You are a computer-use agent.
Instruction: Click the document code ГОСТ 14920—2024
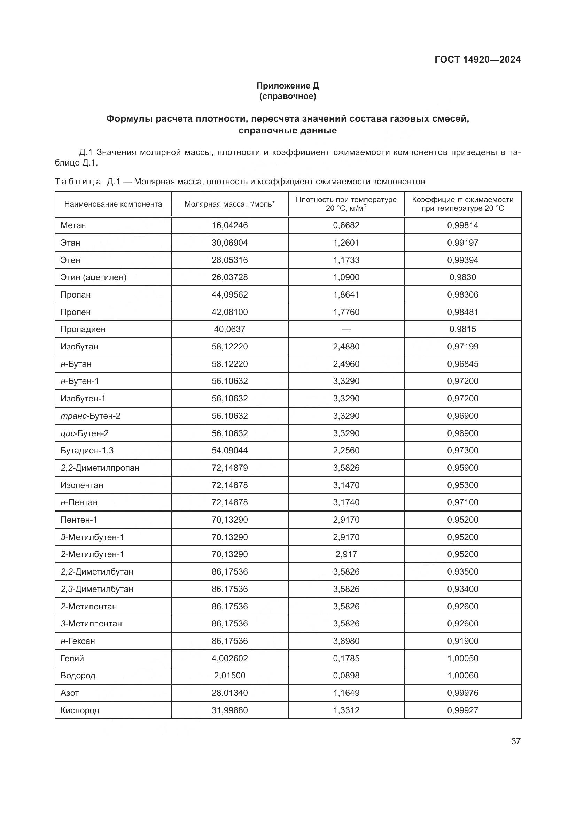pyautogui.click(x=477, y=60)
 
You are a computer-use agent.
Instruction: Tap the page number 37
pyautogui.click(x=516, y=741)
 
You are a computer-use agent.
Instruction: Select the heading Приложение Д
pyautogui.click(x=288, y=86)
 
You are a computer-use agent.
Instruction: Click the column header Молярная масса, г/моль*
pyautogui.click(x=229, y=204)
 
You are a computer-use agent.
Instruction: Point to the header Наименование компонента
pyautogui.click(x=113, y=204)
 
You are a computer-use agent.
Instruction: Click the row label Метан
pyautogui.click(x=73, y=225)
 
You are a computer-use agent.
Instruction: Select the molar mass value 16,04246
pyautogui.click(x=229, y=225)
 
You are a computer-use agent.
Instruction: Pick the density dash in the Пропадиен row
pyautogui.click(x=346, y=329)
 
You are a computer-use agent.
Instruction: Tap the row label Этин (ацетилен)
pyautogui.click(x=93, y=277)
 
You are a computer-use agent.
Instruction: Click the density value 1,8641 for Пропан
pyautogui.click(x=346, y=295)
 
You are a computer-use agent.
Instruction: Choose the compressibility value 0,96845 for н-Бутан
pyautogui.click(x=462, y=364)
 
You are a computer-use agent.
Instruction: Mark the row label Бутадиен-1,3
pyautogui.click(x=87, y=451)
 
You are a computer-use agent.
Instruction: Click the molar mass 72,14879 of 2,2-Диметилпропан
pyautogui.click(x=229, y=468)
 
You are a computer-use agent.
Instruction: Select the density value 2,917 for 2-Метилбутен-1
pyautogui.click(x=346, y=554)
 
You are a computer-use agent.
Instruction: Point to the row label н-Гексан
pyautogui.click(x=78, y=641)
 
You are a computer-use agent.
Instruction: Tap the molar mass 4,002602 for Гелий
pyautogui.click(x=229, y=659)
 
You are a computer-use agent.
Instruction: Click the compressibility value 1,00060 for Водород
pyautogui.click(x=462, y=676)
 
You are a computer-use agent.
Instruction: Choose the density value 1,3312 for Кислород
pyautogui.click(x=346, y=710)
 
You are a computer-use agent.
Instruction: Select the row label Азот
pyautogui.click(x=70, y=693)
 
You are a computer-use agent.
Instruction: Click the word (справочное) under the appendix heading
pyautogui.click(x=288, y=97)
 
